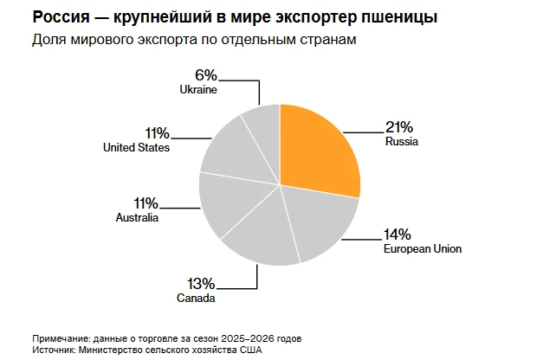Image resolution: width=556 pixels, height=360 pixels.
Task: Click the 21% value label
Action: pyautogui.click(x=399, y=127)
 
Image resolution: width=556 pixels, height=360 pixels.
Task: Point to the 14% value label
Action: pyautogui.click(x=398, y=235)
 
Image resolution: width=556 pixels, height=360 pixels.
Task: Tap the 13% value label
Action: pyautogui.click(x=201, y=284)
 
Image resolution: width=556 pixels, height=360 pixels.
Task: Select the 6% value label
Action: pyautogui.click(x=206, y=75)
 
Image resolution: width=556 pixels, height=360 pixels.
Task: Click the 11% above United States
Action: pyautogui.click(x=157, y=133)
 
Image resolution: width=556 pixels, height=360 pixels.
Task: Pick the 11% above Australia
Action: pyautogui.click(x=145, y=203)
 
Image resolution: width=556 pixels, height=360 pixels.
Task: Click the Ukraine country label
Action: pyautogui.click(x=198, y=90)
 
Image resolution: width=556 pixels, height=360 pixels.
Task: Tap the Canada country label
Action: pyautogui.click(x=196, y=298)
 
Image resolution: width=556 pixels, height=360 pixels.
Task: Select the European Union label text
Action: pyautogui.click(x=423, y=248)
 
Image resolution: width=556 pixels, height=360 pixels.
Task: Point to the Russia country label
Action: pyautogui.click(x=402, y=141)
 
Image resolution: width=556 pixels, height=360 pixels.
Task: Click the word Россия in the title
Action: pyautogui.click(x=61, y=17)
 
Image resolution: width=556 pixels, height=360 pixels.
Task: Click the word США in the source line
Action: pyautogui.click(x=251, y=350)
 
